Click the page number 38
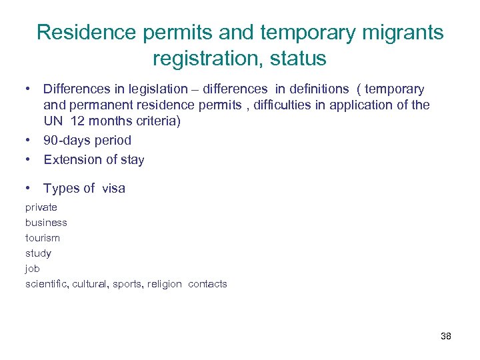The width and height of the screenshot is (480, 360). click(446, 336)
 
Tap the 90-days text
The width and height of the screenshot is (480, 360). click(69, 141)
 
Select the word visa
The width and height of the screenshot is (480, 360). click(114, 189)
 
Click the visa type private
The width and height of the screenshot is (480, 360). click(41, 207)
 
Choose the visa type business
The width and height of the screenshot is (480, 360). click(46, 223)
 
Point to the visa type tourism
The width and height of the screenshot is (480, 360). click(43, 238)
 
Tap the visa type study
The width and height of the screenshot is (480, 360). click(38, 253)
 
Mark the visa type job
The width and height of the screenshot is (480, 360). click(33, 269)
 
